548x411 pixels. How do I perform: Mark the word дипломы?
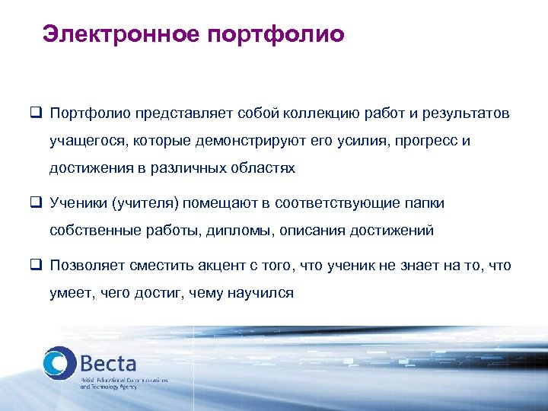click(x=238, y=231)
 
